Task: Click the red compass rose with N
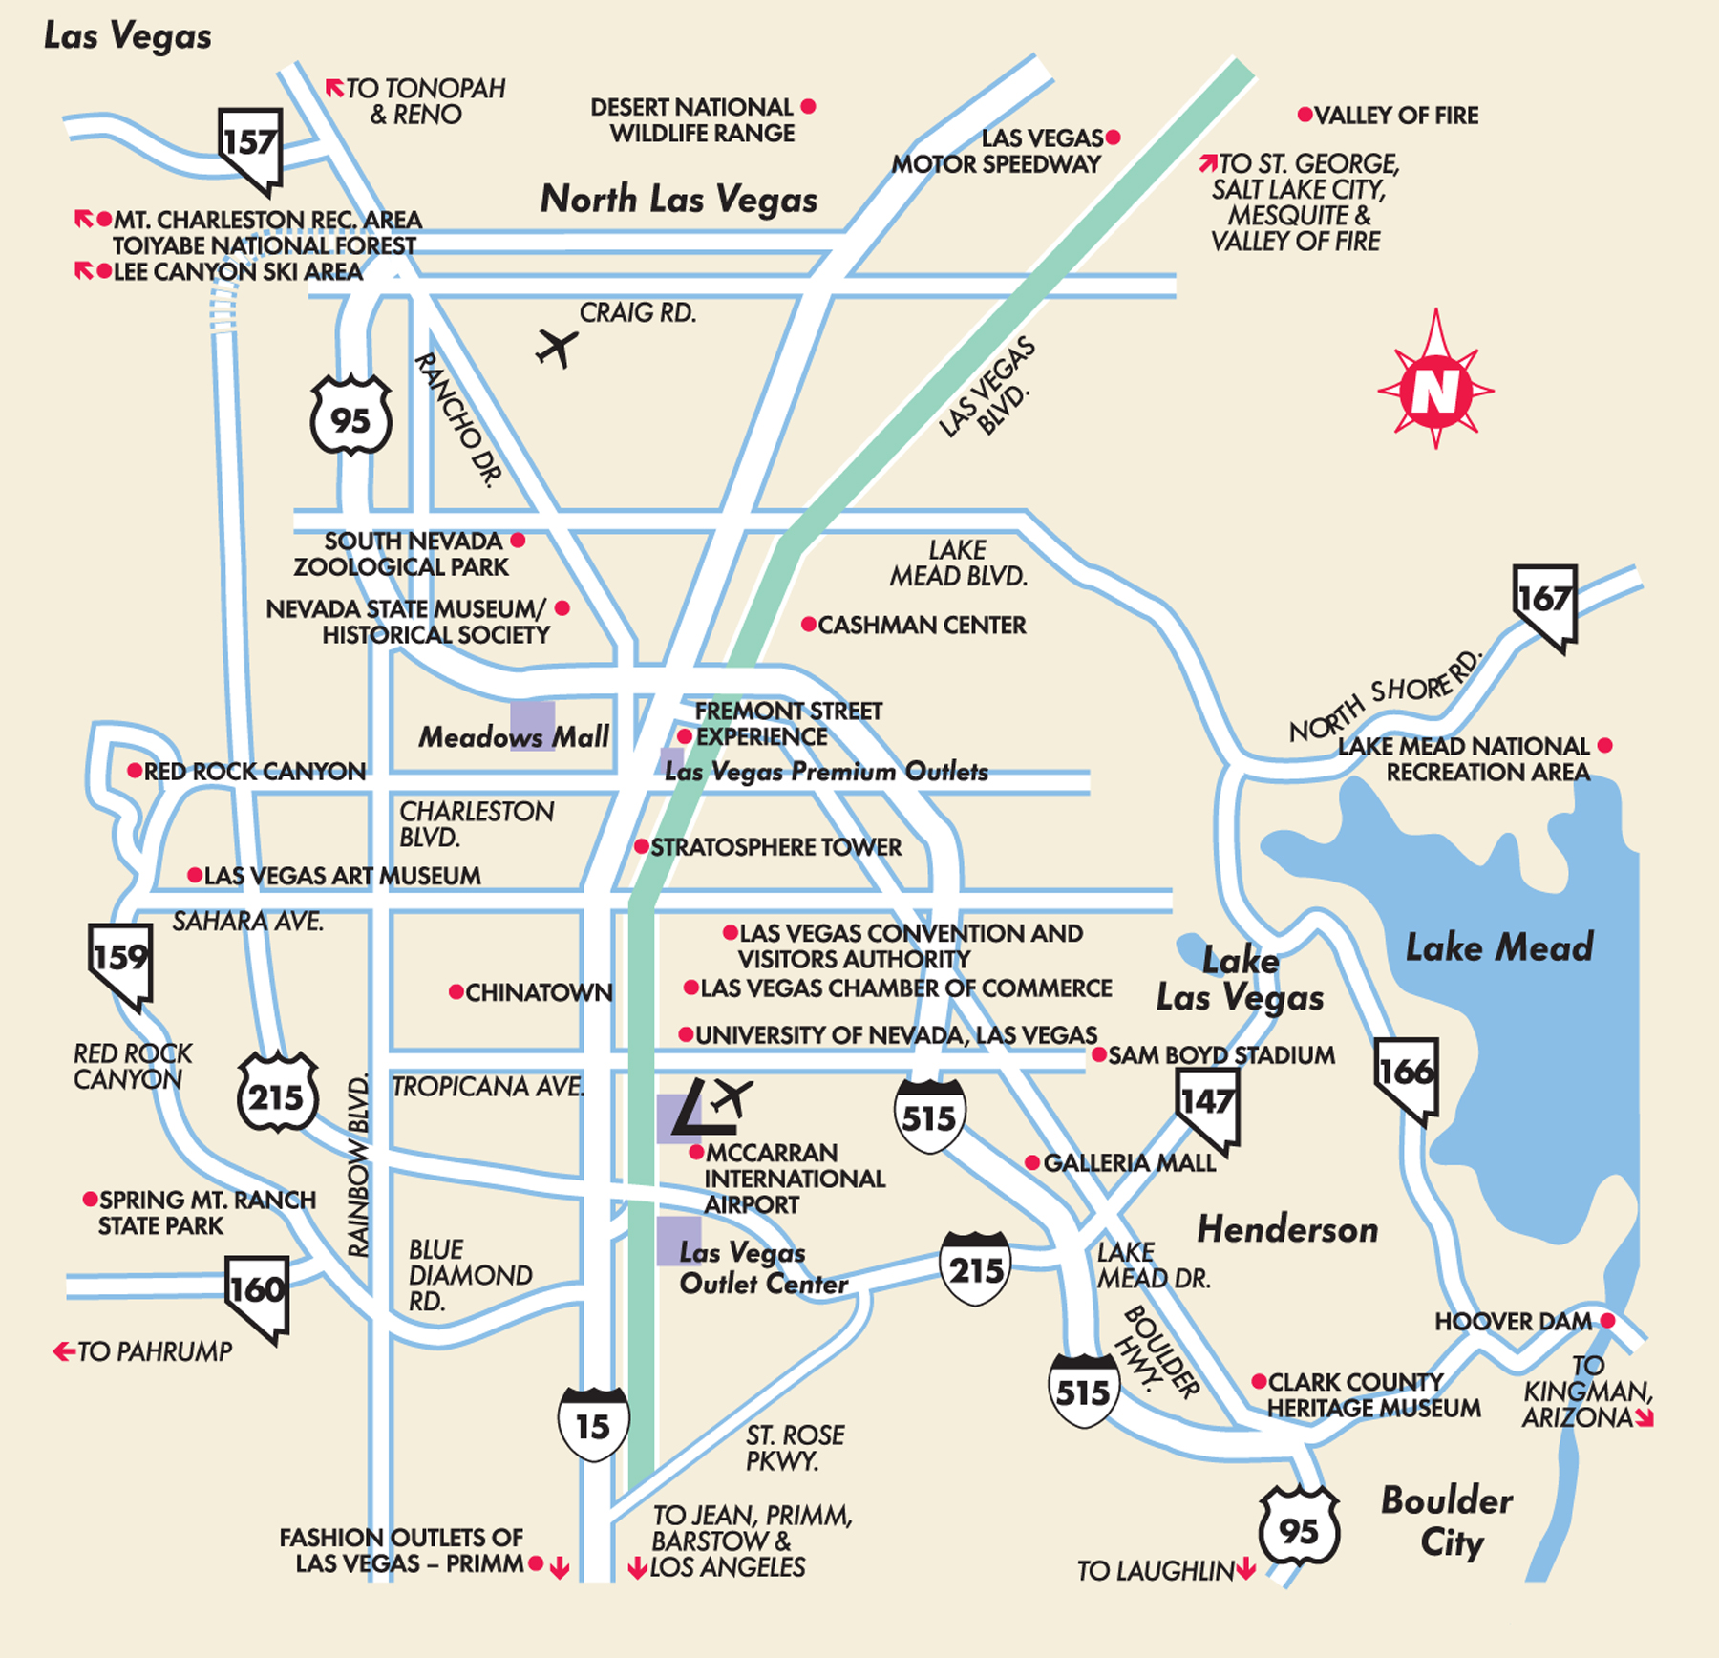pos(1435,390)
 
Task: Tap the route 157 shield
pos(250,148)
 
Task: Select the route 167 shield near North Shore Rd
pos(1544,604)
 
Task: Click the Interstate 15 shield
pos(593,1424)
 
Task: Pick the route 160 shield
pos(257,1295)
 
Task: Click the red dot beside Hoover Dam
pos(1607,1321)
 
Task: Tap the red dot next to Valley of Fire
pos(1305,115)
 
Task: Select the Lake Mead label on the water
pos(1499,947)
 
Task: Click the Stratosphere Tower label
pos(775,847)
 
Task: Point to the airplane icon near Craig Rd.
pos(557,348)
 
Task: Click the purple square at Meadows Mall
pos(532,726)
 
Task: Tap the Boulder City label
pos(1448,1520)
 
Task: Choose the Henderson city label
pos(1287,1229)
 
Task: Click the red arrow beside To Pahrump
pos(64,1351)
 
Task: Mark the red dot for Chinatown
pos(456,992)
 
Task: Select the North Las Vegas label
pos(678,200)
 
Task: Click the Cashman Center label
pos(922,626)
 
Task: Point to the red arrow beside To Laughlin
pos(1245,1570)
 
